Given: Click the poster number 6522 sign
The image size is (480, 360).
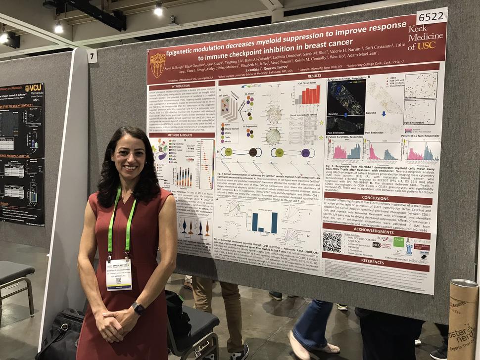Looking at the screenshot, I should click(432, 16).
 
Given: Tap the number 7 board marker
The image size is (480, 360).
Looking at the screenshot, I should click(93, 56).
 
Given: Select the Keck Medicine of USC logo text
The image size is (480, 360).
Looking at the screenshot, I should click(425, 38).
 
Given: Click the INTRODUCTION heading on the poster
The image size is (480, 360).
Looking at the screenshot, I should click(181, 84).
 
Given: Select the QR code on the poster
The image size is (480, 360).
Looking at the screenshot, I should click(332, 242).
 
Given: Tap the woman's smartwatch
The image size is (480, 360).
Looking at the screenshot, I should click(138, 308).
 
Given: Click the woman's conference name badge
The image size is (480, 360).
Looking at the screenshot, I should click(119, 274).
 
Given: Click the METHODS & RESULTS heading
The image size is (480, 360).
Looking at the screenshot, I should click(181, 135).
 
